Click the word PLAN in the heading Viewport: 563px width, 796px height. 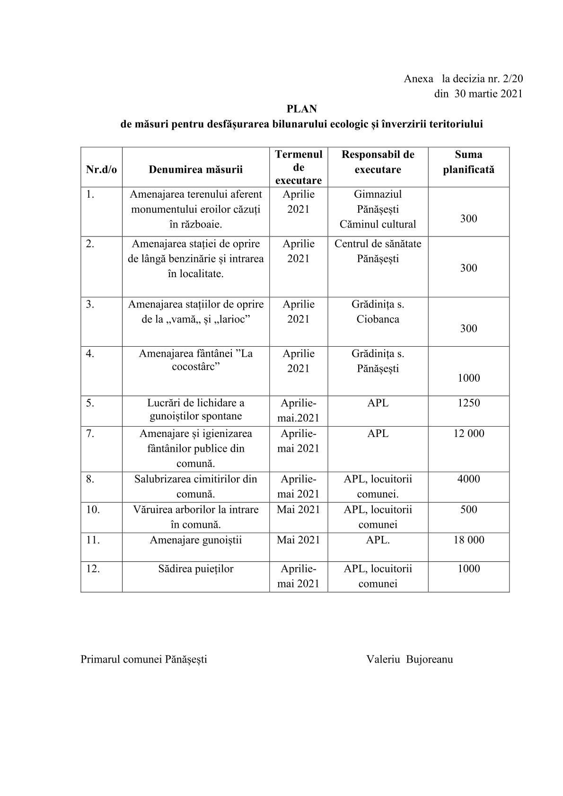click(x=301, y=109)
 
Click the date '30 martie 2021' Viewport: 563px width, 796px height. click(x=488, y=94)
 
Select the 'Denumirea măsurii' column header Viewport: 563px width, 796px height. click(x=195, y=169)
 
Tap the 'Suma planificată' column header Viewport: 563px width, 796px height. click(x=468, y=162)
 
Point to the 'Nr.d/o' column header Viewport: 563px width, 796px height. click(x=101, y=169)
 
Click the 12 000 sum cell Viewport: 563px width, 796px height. click(x=468, y=433)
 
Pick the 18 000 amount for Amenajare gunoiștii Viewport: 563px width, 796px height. click(x=468, y=540)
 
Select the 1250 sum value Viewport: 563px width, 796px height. click(x=468, y=403)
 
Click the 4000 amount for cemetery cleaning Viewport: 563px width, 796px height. click(x=468, y=479)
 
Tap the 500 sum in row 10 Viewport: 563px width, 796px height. click(x=468, y=509)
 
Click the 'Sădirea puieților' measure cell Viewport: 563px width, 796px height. click(x=195, y=569)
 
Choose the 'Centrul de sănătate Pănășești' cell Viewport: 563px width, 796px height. click(x=378, y=251)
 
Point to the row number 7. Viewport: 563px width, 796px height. click(x=90, y=433)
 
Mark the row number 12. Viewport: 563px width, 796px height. click(x=93, y=569)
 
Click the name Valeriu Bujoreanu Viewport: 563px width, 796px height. click(x=409, y=659)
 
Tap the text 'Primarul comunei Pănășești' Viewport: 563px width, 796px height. click(x=144, y=659)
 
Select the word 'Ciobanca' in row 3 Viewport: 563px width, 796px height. click(x=378, y=319)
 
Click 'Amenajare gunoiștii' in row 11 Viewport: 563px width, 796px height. click(x=195, y=540)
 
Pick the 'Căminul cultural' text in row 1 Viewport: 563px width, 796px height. click(x=378, y=224)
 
